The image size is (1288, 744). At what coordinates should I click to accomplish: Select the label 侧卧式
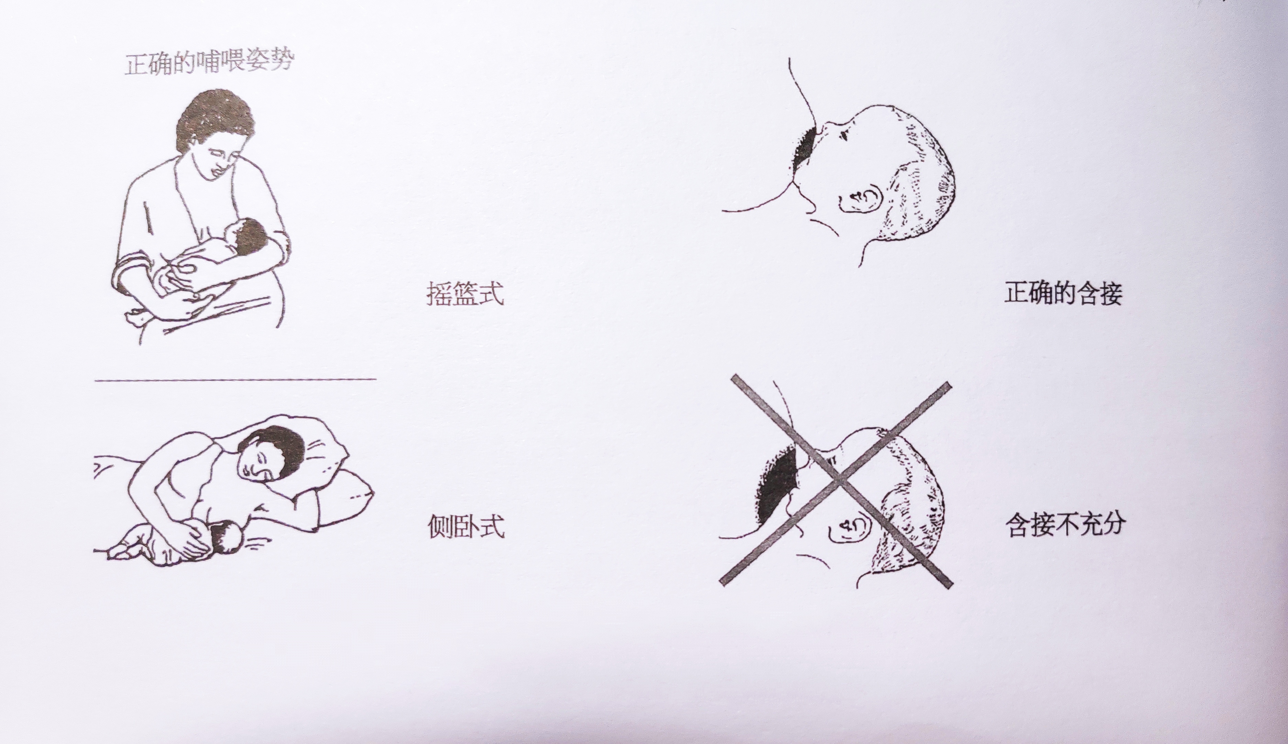[x=466, y=526]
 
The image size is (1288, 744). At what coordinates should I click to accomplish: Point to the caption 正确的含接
[x=1063, y=293]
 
